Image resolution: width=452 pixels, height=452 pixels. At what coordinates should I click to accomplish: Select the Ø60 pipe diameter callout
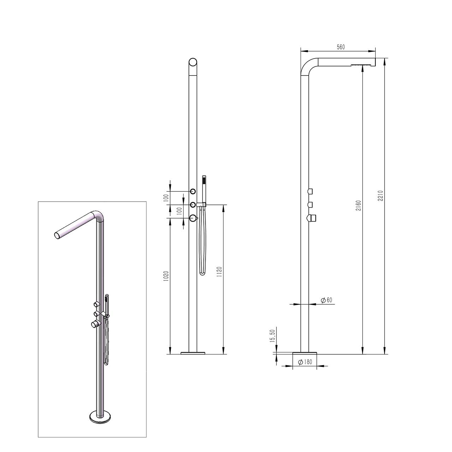tap(326, 300)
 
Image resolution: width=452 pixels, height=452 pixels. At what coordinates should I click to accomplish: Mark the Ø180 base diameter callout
tap(305, 362)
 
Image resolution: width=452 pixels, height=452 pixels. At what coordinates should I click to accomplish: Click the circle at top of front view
tap(193, 62)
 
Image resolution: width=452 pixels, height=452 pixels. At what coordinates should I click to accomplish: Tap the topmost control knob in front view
tap(193, 191)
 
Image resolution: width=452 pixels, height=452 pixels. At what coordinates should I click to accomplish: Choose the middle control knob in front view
tap(193, 205)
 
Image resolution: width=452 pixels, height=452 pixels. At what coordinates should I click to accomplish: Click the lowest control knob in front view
tap(193, 218)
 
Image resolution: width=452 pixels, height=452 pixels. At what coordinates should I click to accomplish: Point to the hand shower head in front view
tap(203, 180)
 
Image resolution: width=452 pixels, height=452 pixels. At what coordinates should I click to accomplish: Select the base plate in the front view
tap(193, 352)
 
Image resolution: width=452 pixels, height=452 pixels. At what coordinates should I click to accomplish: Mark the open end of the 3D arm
tap(57, 235)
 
